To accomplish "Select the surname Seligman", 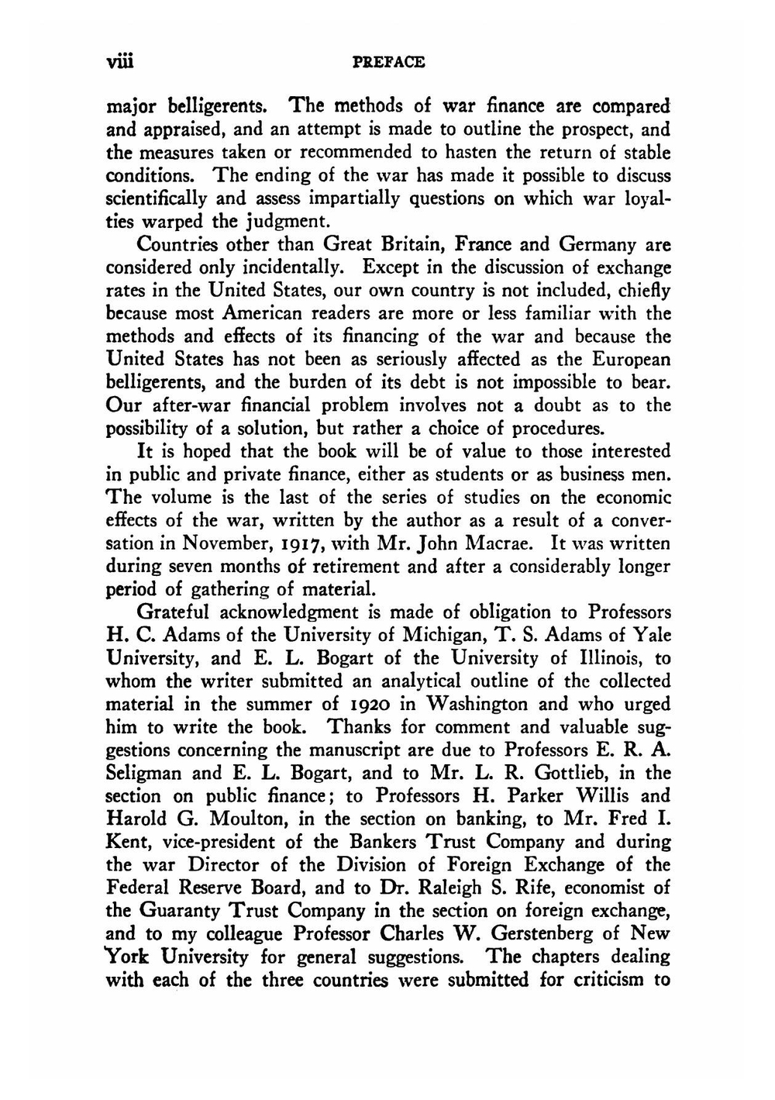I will click(144, 774).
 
